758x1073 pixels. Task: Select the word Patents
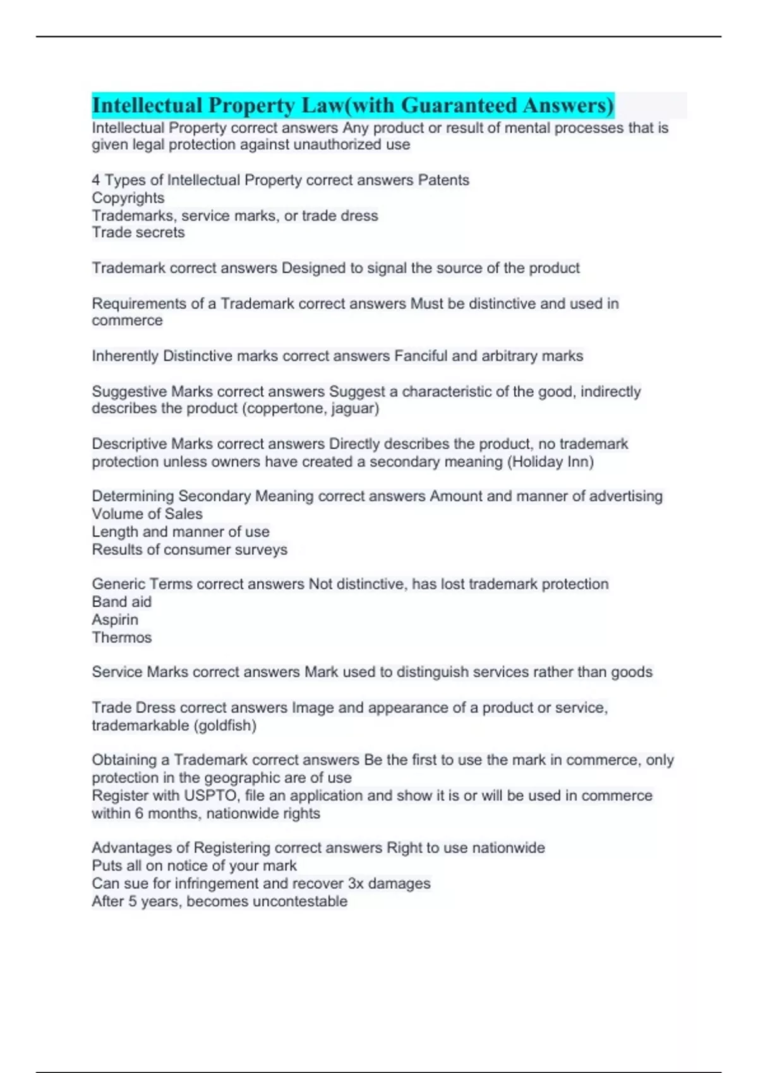[x=443, y=181]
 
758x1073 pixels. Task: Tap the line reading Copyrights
[x=128, y=198]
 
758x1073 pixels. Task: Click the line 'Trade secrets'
[x=138, y=233]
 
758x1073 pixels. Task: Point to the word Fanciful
[x=421, y=356]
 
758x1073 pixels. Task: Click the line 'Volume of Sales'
[x=147, y=514]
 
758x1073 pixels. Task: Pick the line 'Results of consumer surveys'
[x=189, y=550]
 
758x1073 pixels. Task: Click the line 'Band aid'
[x=122, y=602]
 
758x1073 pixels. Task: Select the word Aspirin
[x=115, y=620]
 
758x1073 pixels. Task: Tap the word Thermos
[x=122, y=637]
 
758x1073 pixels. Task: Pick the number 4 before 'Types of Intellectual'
[x=96, y=181]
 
